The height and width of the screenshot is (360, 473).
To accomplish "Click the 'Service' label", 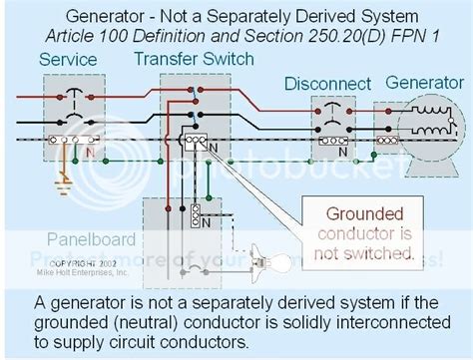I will click(68, 60).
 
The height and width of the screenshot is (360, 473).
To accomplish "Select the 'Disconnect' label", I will click(327, 84).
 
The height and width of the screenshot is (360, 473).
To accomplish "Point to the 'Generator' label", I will click(424, 83).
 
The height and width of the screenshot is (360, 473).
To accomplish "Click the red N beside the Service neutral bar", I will click(92, 153).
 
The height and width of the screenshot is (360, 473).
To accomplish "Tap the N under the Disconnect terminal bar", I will click(342, 154).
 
